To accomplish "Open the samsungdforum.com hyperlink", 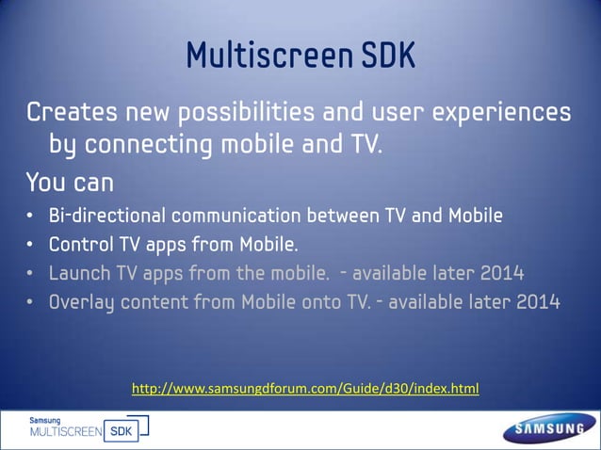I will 305,387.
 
